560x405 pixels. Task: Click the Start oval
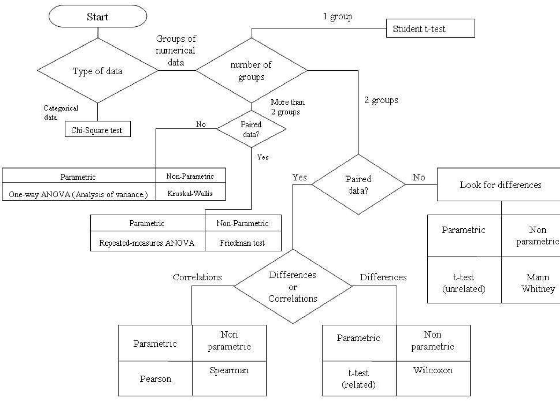point(98,17)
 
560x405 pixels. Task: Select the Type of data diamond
point(97,71)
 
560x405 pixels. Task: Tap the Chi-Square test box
point(97,130)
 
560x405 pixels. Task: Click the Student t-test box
point(430,28)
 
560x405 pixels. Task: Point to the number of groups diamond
point(251,71)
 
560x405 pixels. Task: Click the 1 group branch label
point(337,17)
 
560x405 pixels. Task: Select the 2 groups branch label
point(381,100)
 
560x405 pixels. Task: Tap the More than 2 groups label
point(287,107)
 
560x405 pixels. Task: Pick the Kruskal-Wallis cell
point(190,193)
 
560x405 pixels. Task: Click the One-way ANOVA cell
point(78,194)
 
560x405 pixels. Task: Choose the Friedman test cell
point(242,242)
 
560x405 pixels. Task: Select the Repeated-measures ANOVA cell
point(147,242)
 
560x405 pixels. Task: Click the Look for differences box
point(500,185)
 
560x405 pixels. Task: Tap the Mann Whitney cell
point(538,282)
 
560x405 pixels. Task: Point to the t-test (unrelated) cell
point(464,282)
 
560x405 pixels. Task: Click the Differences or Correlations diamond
point(293,286)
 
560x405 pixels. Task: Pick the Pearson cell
point(155,379)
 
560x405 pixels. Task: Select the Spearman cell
point(229,370)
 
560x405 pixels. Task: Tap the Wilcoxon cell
point(433,370)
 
